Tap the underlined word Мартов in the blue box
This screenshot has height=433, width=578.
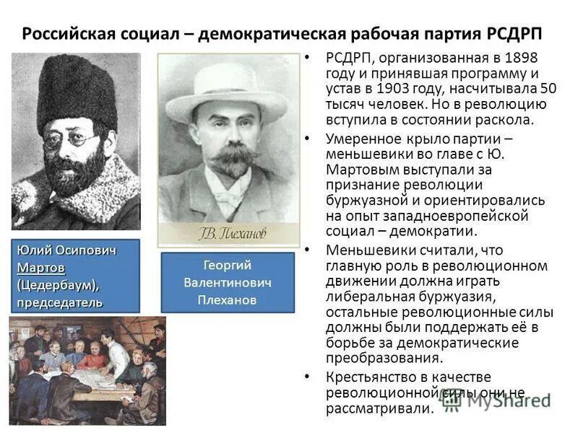(x=41, y=268)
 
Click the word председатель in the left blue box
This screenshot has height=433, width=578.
(x=61, y=301)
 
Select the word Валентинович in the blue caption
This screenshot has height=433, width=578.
(x=227, y=282)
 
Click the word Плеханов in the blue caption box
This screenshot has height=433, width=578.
(x=227, y=299)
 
